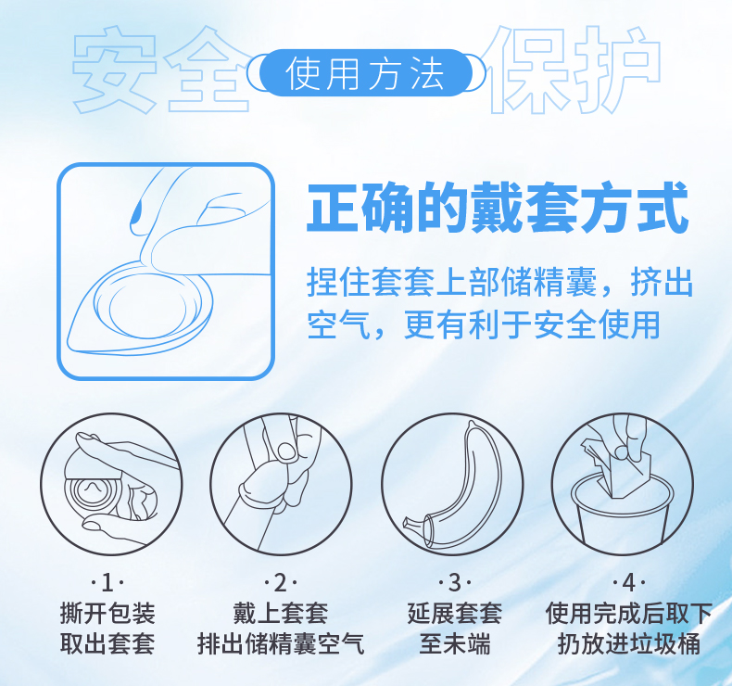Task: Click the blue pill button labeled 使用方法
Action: (x=365, y=73)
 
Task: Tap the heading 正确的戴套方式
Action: (x=498, y=210)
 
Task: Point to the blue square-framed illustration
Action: (x=167, y=272)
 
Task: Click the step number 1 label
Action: (x=107, y=583)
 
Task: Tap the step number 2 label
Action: (x=281, y=583)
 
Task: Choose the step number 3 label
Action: (x=454, y=583)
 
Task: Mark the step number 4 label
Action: (x=628, y=583)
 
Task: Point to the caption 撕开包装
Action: (x=107, y=613)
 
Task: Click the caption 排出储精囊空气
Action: (x=281, y=643)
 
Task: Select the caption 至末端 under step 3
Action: (x=454, y=643)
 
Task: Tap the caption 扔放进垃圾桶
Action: (x=628, y=643)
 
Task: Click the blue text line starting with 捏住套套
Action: (x=499, y=282)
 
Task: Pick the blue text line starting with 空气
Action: (x=483, y=324)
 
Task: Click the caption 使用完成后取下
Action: (x=628, y=613)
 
